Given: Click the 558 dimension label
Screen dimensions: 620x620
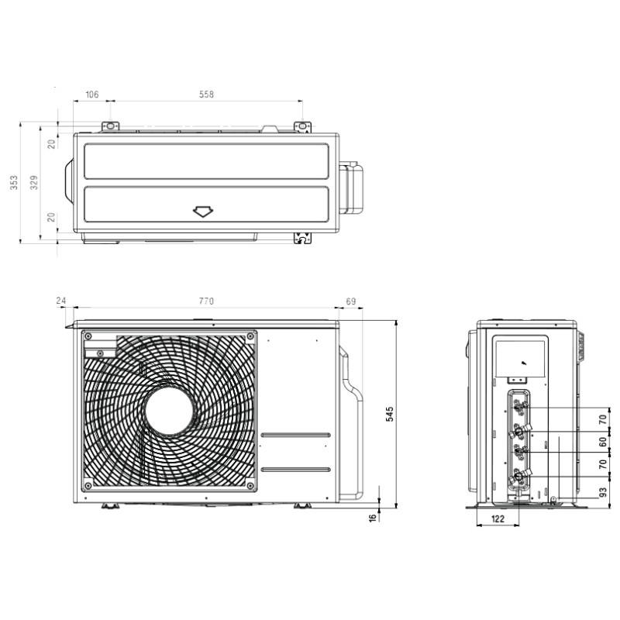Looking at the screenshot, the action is (x=206, y=94).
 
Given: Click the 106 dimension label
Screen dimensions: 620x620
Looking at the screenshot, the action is (x=91, y=94).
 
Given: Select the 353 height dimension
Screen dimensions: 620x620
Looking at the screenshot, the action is (x=14, y=182).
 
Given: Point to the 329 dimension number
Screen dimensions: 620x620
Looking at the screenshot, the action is (x=34, y=182).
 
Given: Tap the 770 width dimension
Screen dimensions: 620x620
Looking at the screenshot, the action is (x=206, y=301).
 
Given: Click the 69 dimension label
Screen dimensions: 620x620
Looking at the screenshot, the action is (x=351, y=301).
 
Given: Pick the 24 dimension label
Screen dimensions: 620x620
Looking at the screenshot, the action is (x=60, y=301).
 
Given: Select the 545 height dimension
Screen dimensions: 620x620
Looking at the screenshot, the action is (x=390, y=414).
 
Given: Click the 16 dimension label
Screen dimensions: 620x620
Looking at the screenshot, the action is (x=373, y=518).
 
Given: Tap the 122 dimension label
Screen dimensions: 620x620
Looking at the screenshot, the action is (x=498, y=518).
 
